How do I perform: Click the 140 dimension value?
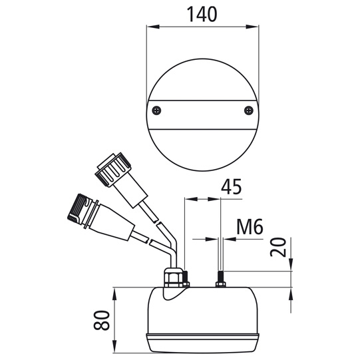point(202,13)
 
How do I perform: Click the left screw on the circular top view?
point(156,109)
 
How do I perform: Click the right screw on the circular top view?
point(248,109)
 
